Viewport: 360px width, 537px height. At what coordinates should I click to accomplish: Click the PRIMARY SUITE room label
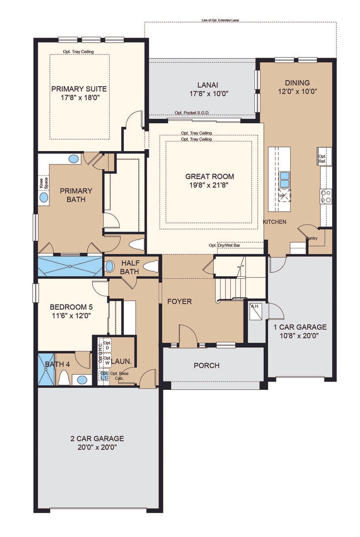pos(79,89)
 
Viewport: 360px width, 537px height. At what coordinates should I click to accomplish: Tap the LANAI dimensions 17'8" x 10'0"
pos(209,94)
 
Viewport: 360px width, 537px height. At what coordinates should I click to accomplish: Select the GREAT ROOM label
pos(210,176)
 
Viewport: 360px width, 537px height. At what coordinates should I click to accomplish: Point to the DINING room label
pos(297,83)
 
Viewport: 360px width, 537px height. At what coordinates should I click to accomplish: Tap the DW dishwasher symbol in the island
pos(284,196)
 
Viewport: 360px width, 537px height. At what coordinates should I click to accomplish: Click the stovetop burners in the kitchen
pos(326,196)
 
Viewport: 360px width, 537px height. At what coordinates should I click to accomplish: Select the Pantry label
pos(312,238)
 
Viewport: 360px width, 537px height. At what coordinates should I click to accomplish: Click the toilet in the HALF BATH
pos(151,266)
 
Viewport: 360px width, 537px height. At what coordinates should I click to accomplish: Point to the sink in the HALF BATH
pos(110,266)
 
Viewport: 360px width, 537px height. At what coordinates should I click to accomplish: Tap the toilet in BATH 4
pos(64,377)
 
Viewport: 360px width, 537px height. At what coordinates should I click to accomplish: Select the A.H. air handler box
pos(256,312)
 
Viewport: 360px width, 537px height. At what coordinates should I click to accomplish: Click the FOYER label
pos(179,301)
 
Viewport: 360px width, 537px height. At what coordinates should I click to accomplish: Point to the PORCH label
pos(206,366)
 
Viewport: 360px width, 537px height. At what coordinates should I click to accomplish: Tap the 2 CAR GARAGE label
pos(97,439)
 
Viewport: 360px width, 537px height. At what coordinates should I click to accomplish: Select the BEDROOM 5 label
pos(71,307)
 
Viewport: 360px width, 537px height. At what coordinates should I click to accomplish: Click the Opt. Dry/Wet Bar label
pos(224,245)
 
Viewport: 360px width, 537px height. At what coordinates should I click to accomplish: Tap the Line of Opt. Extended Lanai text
pos(221,20)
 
